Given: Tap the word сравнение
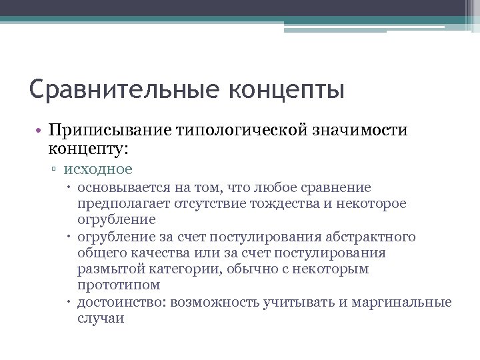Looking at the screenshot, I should click(337, 187).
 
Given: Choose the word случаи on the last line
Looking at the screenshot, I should click(100, 318).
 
